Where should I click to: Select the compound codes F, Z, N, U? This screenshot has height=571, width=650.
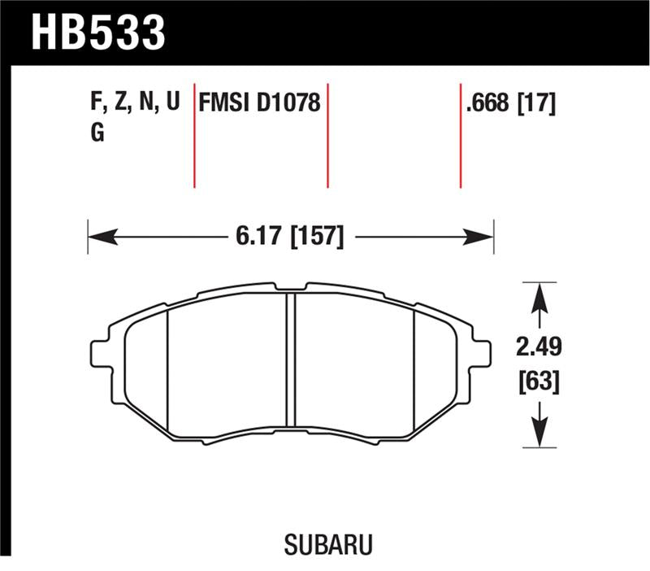[x=133, y=104]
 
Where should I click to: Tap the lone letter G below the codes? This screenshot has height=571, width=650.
[x=97, y=133]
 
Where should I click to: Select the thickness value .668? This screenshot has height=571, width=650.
[x=489, y=104]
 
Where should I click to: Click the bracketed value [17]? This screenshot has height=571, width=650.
[x=537, y=104]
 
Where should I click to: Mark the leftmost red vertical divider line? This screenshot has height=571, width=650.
[x=194, y=134]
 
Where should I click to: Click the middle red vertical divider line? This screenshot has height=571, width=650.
[x=327, y=134]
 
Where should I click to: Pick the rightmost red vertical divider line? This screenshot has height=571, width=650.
[x=461, y=134]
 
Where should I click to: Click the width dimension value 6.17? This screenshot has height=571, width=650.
[x=258, y=237]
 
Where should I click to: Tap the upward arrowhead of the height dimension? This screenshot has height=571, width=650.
[x=537, y=293]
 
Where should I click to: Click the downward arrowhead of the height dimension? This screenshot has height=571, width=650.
[x=537, y=437]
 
